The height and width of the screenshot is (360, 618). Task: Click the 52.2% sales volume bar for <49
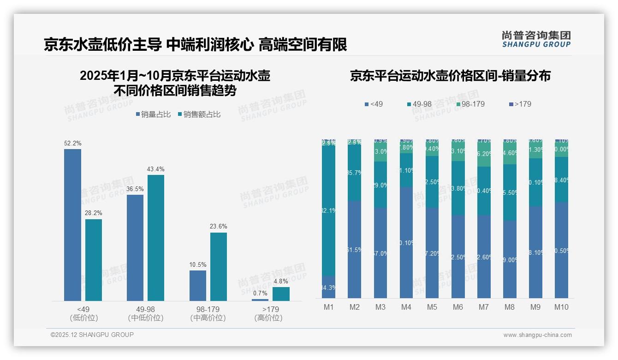[72, 225]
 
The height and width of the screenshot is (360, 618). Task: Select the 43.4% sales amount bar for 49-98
[156, 238]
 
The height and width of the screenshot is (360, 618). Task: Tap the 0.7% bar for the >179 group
[260, 300]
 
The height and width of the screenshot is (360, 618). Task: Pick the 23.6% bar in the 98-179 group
[219, 266]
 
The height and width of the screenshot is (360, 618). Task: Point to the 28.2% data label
[94, 213]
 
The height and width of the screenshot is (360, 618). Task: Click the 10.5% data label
[198, 264]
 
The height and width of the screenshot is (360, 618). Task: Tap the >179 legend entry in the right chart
[519, 104]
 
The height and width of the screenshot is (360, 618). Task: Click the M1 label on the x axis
[329, 307]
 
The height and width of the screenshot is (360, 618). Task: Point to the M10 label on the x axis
[561, 307]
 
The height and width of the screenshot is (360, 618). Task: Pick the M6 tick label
[458, 307]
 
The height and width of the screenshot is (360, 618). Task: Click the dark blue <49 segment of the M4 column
[406, 242]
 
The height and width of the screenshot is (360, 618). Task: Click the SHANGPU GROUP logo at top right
[536, 39]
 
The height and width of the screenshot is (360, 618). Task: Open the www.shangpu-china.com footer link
[537, 335]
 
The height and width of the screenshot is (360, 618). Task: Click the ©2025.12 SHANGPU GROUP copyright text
[92, 335]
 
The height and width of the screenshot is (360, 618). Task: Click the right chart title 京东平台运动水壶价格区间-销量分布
[450, 76]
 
